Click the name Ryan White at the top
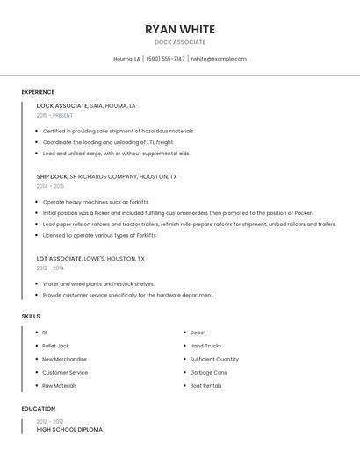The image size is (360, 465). point(180,30)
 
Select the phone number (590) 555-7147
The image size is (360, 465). point(165,59)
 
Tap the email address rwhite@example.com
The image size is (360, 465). point(219,59)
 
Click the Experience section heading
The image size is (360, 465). point(38,92)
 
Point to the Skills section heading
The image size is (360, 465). point(31,316)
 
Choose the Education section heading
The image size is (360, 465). point(39,409)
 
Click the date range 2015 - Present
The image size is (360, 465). point(54,115)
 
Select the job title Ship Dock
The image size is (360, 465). point(52,176)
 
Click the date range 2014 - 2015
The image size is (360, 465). point(50,186)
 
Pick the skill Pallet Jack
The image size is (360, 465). point(55,346)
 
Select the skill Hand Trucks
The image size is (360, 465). point(205,346)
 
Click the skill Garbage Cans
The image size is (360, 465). point(208,372)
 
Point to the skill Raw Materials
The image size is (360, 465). point(60,385)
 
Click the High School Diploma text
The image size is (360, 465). point(69,430)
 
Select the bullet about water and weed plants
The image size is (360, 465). point(98,284)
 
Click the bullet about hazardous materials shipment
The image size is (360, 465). point(119,131)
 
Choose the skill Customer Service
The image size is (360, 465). point(65,372)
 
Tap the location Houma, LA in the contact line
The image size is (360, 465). point(126,59)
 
